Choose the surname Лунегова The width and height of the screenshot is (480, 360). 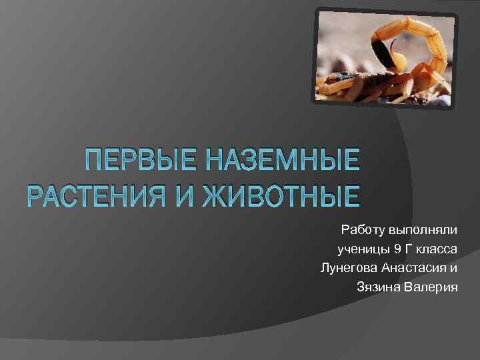349,268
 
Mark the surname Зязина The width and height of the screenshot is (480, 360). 378,287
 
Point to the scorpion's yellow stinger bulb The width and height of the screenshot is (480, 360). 399,61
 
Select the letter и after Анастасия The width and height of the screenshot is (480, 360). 454,268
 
